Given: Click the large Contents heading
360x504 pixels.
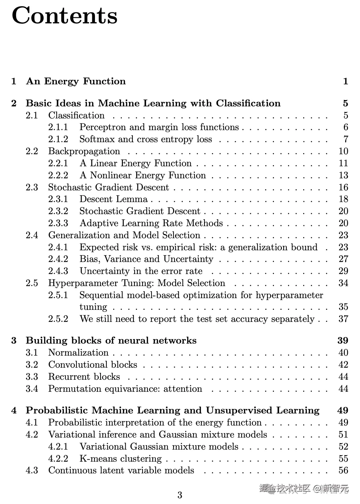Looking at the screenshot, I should tap(65, 16).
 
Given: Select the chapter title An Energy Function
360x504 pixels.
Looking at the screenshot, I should tap(76, 81).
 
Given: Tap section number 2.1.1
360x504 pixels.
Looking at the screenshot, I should tap(58, 127).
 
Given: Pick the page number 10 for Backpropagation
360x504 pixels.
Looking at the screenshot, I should tap(343, 151).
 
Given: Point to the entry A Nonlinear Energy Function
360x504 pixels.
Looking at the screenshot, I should tap(142, 176).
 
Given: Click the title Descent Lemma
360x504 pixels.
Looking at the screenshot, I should tap(114, 199).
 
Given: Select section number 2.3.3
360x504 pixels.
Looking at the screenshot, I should tap(58, 223).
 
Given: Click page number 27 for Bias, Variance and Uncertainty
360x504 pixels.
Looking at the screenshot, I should tap(343, 259).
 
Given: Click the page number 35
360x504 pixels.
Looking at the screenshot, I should tap(343, 307).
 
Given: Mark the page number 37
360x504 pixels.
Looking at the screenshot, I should tap(343, 319).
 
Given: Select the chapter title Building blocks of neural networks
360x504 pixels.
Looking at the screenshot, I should tap(111, 341).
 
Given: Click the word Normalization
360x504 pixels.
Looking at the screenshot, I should tap(78, 353).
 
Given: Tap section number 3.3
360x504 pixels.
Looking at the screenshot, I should tap(32, 377).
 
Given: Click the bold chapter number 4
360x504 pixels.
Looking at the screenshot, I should tap(14, 411).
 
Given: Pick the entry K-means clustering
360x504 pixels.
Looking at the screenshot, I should tap(120, 459).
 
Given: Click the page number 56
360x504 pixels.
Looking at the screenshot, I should tap(343, 471).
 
